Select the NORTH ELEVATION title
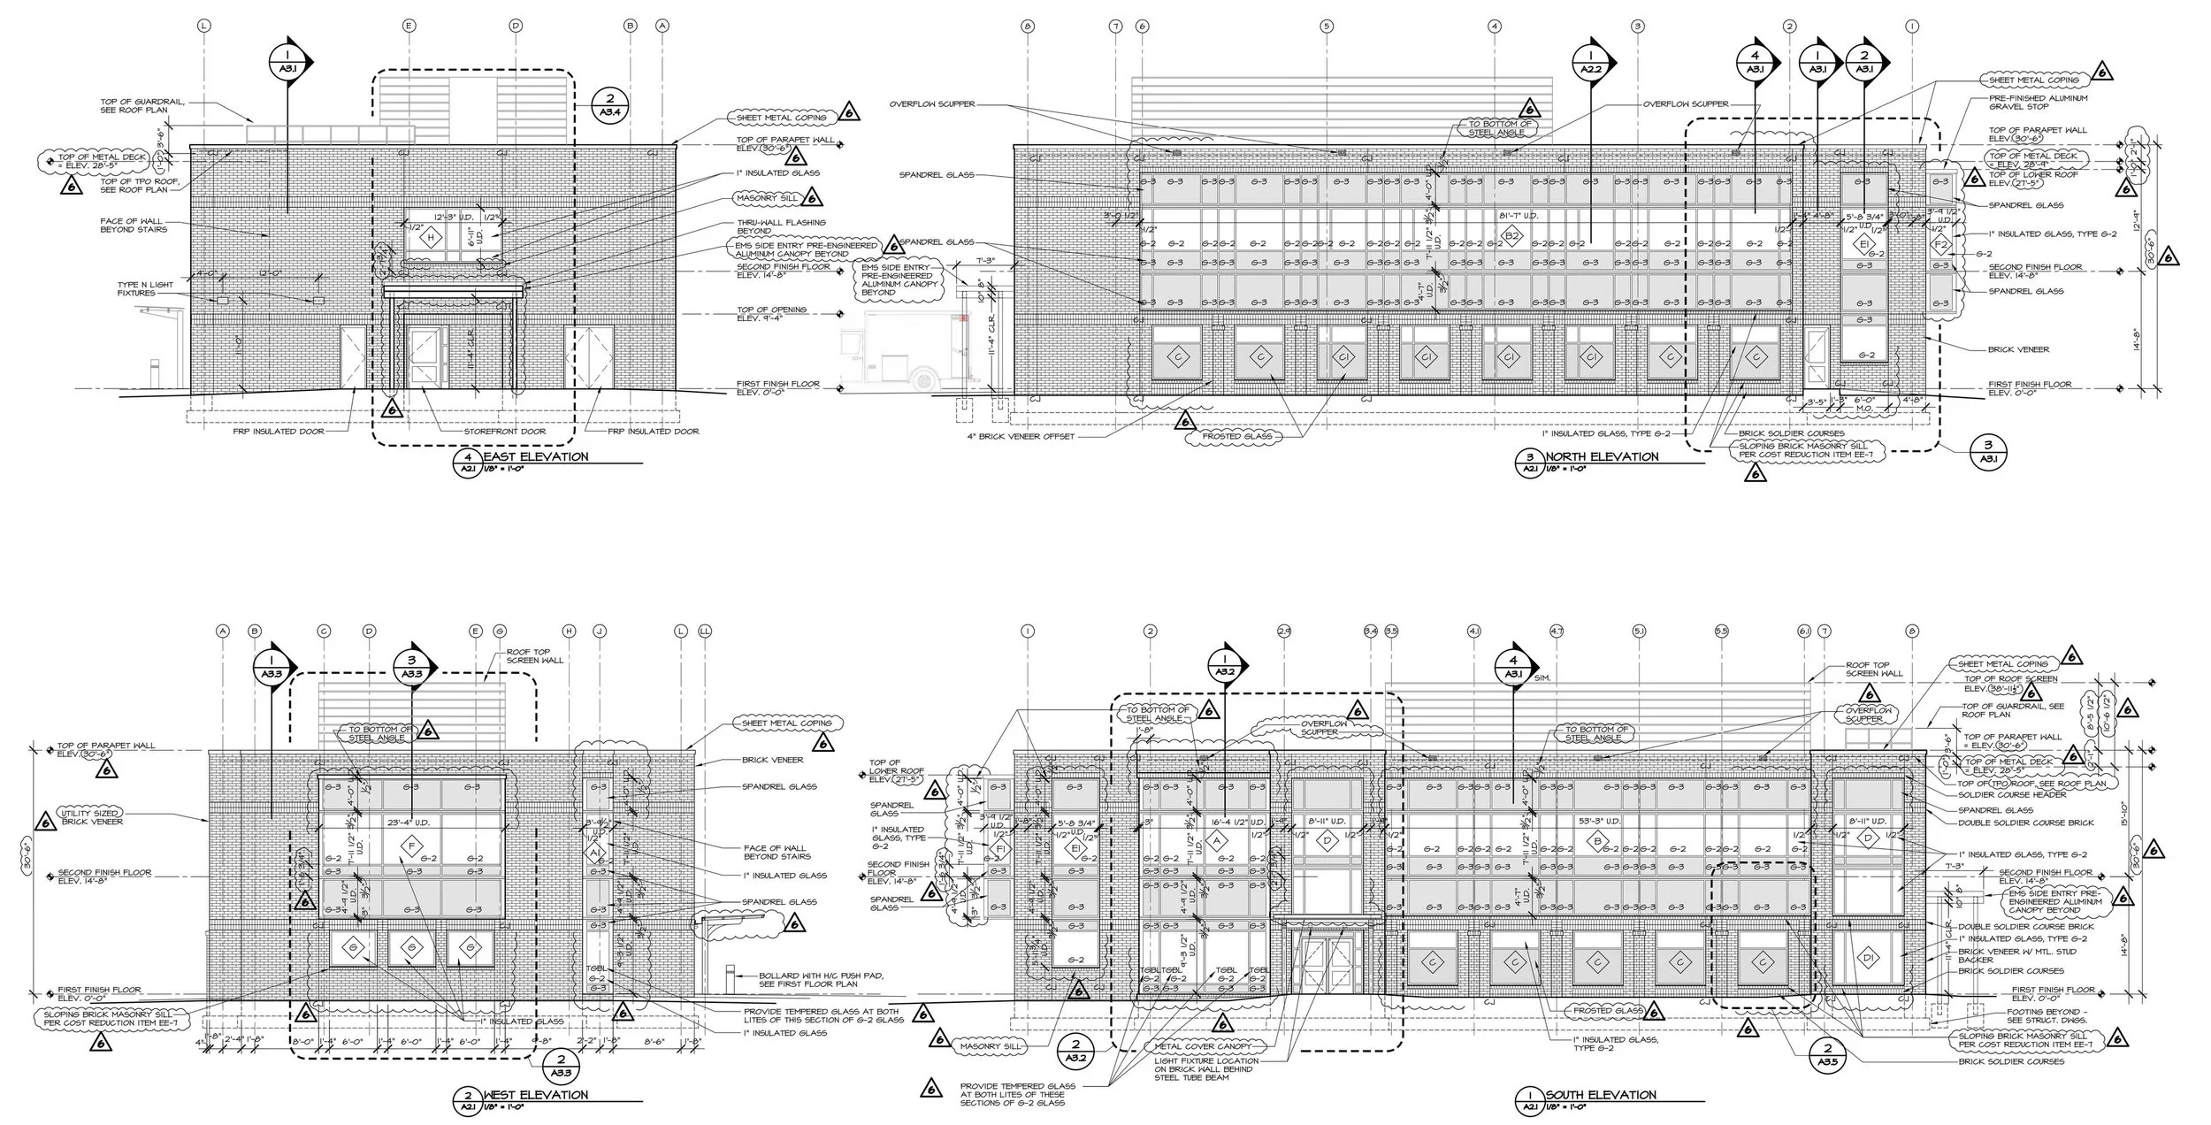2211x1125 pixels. (1602, 456)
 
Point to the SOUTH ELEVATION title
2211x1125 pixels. (1601, 1095)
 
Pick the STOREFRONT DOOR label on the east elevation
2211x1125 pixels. (504, 432)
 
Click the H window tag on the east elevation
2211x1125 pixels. (432, 237)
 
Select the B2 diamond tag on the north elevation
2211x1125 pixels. (1511, 235)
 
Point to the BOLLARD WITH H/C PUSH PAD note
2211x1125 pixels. (821, 980)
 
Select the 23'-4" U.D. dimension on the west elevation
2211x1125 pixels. (408, 822)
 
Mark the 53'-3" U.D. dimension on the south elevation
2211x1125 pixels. (1599, 821)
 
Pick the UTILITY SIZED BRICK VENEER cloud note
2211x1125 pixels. (91, 817)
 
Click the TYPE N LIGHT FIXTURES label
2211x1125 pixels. (136, 289)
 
